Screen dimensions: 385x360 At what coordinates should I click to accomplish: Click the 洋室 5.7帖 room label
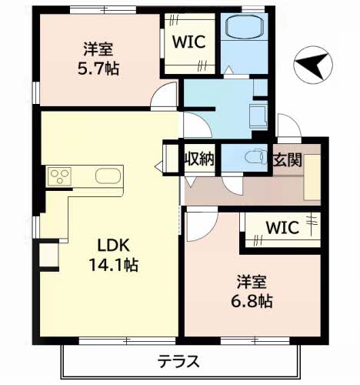click(98, 59)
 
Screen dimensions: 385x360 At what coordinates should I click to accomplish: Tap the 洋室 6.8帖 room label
click(251, 290)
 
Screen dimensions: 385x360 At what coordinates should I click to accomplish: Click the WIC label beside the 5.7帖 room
click(188, 42)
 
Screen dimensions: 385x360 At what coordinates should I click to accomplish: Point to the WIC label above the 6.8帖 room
click(282, 229)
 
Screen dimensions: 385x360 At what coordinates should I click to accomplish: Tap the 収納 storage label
click(198, 159)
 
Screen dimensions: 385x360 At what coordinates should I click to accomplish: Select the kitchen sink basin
click(108, 176)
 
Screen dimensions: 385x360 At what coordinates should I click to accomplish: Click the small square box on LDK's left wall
click(47, 253)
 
